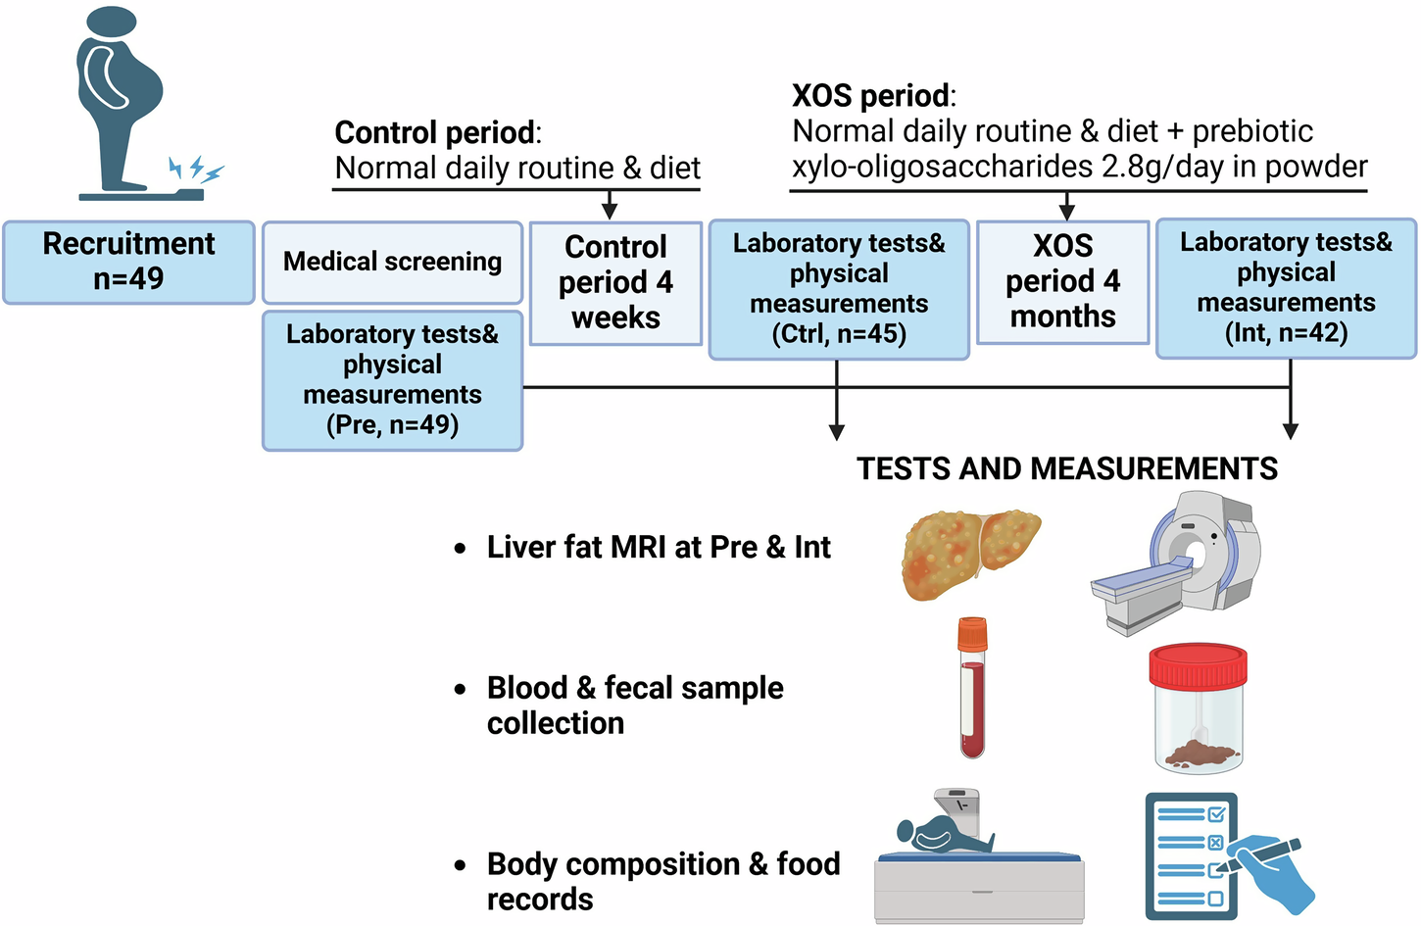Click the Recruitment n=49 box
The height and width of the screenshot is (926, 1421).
point(128,263)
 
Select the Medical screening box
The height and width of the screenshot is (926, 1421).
point(393,262)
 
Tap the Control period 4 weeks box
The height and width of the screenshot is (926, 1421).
point(616,283)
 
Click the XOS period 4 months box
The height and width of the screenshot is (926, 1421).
point(1063,282)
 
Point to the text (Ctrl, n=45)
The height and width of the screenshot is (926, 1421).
point(839,333)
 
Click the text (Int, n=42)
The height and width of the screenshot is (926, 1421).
point(1286,332)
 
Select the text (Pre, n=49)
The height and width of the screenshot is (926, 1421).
point(392,424)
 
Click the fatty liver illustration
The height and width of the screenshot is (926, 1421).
point(970,554)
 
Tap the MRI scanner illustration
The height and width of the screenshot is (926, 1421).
point(1175,563)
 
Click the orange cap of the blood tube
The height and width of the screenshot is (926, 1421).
point(972,635)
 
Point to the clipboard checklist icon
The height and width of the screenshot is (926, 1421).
point(1192,855)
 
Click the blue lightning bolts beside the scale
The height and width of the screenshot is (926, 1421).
point(197,170)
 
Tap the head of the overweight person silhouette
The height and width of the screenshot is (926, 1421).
point(111,22)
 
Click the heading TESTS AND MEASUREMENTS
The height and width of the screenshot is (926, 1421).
point(1067,468)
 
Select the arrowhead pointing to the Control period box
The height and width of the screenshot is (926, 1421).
point(610,212)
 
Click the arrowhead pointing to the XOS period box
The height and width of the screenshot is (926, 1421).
point(1067,212)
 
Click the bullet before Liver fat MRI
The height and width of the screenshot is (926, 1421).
point(460,549)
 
